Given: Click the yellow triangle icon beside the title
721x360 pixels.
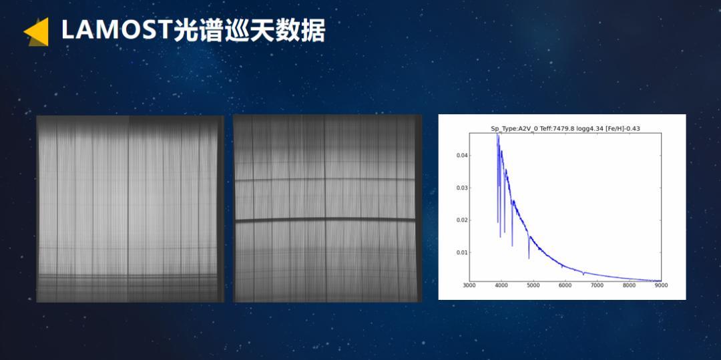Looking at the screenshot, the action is click(x=37, y=31).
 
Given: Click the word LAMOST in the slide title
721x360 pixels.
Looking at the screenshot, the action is click(x=117, y=31).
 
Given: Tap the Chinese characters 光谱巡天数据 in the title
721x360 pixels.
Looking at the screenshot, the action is click(x=249, y=31).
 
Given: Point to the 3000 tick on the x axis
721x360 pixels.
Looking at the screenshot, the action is click(x=469, y=285).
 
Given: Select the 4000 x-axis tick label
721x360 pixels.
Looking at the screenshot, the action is click(x=501, y=285).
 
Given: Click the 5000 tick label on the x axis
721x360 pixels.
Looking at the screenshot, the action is click(x=533, y=285).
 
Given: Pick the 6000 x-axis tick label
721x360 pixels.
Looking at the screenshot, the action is click(x=565, y=285).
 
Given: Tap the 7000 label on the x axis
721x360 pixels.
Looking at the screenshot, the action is click(x=597, y=285).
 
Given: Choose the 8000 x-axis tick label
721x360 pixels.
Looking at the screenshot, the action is click(x=629, y=285).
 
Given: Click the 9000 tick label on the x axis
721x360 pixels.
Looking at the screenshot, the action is click(x=661, y=285).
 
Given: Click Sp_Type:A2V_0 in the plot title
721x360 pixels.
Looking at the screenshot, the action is click(x=511, y=129).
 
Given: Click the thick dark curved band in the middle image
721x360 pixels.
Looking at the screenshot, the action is click(x=325, y=220).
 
